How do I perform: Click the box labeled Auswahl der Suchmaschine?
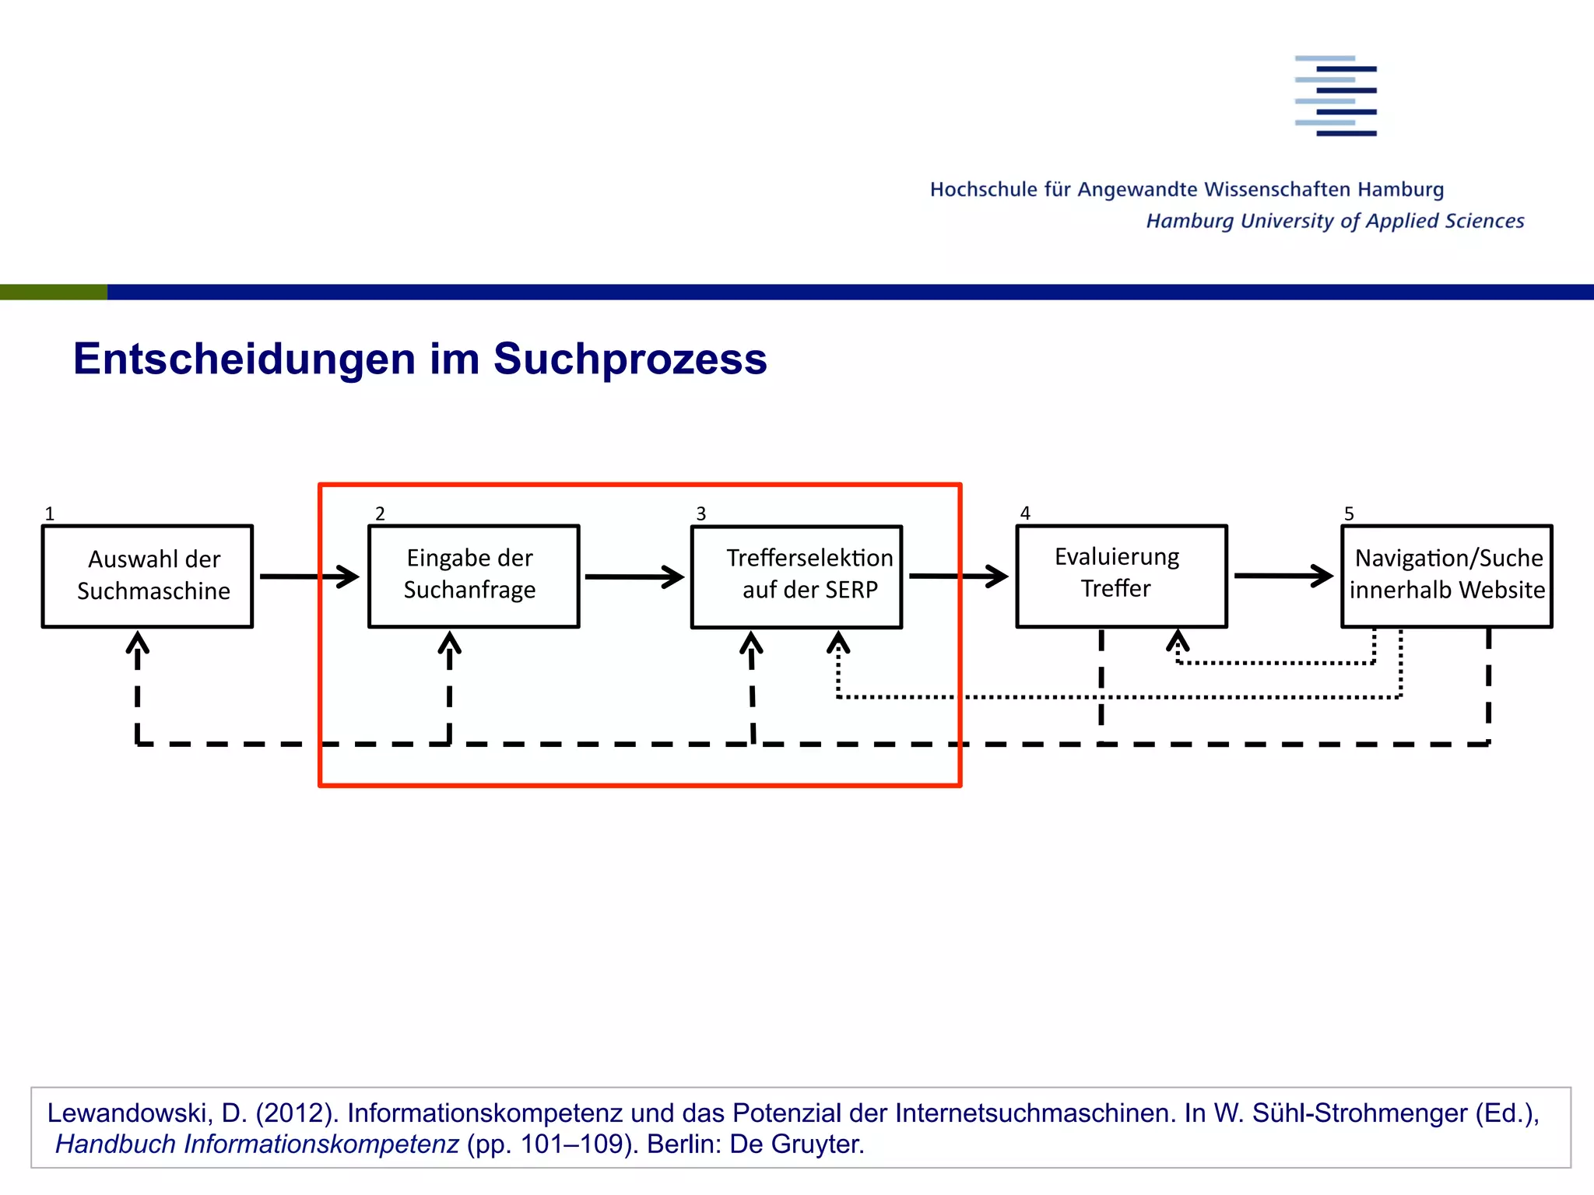[148, 576]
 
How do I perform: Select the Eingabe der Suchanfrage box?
[473, 576]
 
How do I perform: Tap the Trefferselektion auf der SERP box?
[797, 576]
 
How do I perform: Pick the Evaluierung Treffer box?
[1122, 576]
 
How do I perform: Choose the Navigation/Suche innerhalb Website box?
[1446, 576]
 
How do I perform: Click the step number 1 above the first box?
[50, 514]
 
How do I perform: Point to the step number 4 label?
[1025, 513]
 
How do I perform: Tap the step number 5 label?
[1349, 514]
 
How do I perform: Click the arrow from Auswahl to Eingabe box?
[309, 576]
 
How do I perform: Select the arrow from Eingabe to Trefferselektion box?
[634, 577]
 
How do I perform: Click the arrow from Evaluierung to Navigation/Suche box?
[1283, 576]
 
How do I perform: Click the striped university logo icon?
[1336, 96]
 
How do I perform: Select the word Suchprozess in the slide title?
[630, 359]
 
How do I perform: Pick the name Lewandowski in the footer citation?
[129, 1113]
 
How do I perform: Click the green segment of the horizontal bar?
[53, 293]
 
